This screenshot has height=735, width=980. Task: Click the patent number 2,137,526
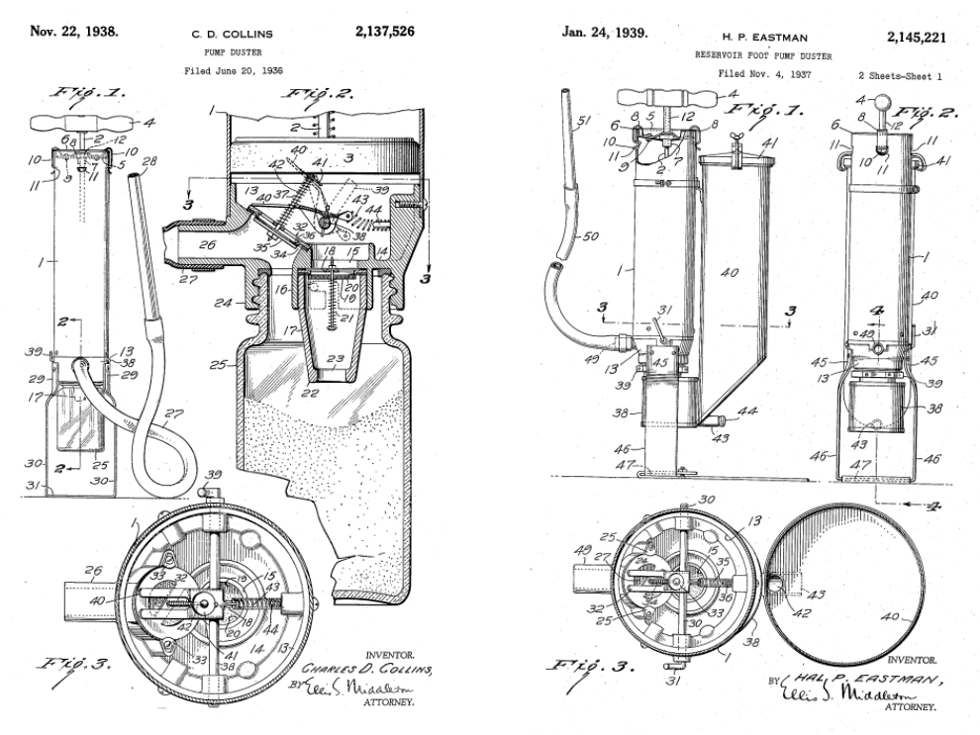tap(384, 31)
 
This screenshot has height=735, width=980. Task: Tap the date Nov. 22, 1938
tap(74, 31)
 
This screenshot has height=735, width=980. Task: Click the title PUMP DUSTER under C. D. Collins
tap(227, 50)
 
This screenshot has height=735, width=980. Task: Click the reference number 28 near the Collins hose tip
tap(150, 161)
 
